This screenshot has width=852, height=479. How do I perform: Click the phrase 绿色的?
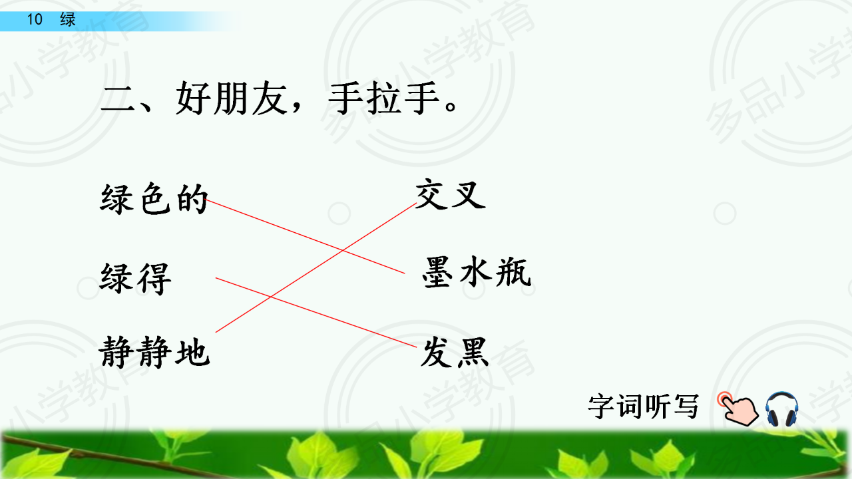(x=154, y=199)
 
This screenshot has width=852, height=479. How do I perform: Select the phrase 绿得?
(x=135, y=278)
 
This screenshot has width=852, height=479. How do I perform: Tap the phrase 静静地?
(x=154, y=352)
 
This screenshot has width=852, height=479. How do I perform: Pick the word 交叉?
(x=451, y=194)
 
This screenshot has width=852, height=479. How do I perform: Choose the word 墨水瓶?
(x=477, y=271)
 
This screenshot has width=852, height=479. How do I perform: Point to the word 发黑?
(x=455, y=352)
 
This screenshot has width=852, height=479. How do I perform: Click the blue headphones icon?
(x=781, y=409)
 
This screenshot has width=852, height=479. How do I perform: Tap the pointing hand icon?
(x=738, y=409)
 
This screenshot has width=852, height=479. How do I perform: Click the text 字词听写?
(x=644, y=406)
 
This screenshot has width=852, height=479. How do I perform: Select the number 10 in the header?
(x=35, y=19)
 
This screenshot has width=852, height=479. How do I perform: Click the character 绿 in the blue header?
(x=68, y=19)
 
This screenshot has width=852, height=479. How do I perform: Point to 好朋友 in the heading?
(x=231, y=98)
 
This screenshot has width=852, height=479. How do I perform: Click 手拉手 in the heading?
(x=384, y=98)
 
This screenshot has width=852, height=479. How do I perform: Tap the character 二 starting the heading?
(x=118, y=99)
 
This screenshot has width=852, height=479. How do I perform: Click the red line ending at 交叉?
(x=316, y=267)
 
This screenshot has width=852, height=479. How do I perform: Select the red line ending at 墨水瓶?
(x=304, y=236)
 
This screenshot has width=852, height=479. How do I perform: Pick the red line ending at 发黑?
(x=316, y=313)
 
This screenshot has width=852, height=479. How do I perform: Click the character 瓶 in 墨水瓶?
(x=513, y=271)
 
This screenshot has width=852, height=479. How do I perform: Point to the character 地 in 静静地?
(x=192, y=352)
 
